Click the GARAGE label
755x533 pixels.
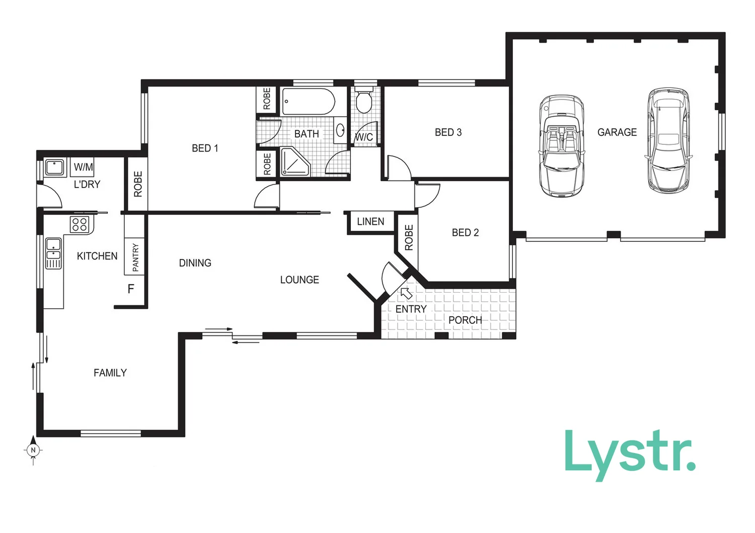[x=617, y=132]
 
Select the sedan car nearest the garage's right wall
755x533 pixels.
[x=668, y=140]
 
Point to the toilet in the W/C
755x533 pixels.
[x=363, y=101]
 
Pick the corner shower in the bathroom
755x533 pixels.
[x=294, y=162]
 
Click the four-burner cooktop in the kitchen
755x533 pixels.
[x=80, y=224]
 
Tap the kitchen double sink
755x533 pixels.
[x=53, y=253]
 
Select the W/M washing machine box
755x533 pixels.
[x=83, y=166]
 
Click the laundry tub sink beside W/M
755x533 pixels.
[x=54, y=167]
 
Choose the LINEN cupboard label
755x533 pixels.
[x=370, y=222]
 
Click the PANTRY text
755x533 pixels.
[x=135, y=257]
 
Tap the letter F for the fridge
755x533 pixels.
[x=131, y=289]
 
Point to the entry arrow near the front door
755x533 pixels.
[x=406, y=293]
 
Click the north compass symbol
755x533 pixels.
[x=33, y=450]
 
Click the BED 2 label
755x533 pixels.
[x=465, y=232]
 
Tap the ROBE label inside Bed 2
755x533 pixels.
[x=409, y=238]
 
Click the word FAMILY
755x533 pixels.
[x=110, y=373]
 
